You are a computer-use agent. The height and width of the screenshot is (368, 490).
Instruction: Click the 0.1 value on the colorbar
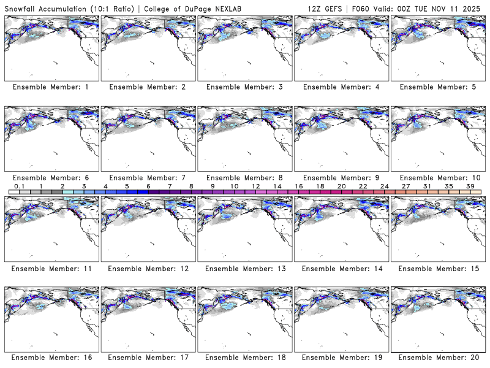coord(19,186)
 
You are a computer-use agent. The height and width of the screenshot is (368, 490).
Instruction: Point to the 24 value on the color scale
coord(384,186)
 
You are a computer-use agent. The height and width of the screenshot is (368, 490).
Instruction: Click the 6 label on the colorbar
coord(148,186)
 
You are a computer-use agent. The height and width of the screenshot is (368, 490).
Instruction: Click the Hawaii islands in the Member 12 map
coord(153,243)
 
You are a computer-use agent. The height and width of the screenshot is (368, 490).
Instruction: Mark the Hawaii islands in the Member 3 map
coord(250,63)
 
